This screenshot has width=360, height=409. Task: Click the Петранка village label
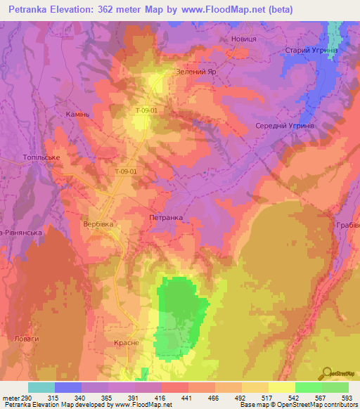166,218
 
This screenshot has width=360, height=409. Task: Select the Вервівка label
98,226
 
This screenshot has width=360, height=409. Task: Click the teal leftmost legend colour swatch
41,387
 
